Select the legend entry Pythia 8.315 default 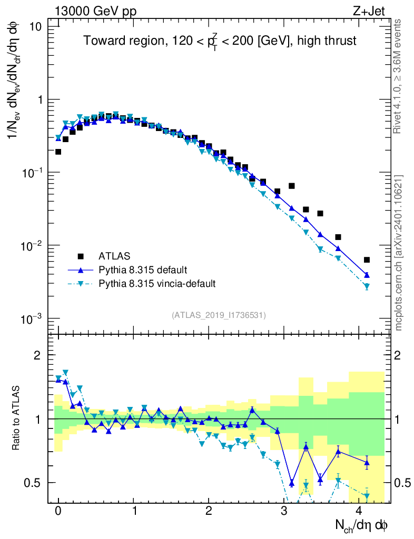click(x=142, y=270)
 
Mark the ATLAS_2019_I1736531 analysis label click(x=219, y=315)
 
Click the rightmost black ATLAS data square click(x=367, y=259)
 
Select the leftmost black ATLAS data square click(x=58, y=152)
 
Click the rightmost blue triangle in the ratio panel click(x=367, y=463)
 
